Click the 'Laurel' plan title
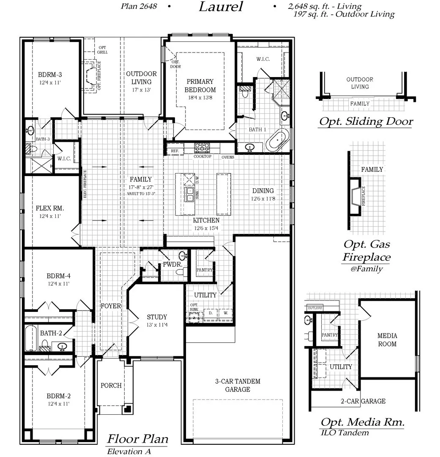[221, 7]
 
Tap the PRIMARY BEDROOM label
[200, 85]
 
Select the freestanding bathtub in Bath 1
[279, 140]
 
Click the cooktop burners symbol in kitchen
[202, 147]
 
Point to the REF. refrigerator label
[175, 151]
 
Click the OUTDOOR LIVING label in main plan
[141, 77]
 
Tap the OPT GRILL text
[103, 50]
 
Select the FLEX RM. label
[50, 208]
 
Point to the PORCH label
[111, 385]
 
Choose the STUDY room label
[157, 317]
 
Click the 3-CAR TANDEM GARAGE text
[237, 385]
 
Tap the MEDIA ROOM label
[387, 340]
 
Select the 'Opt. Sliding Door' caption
[366, 122]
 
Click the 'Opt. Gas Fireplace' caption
[366, 251]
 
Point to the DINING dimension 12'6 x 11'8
[263, 198]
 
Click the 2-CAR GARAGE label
[363, 401]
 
